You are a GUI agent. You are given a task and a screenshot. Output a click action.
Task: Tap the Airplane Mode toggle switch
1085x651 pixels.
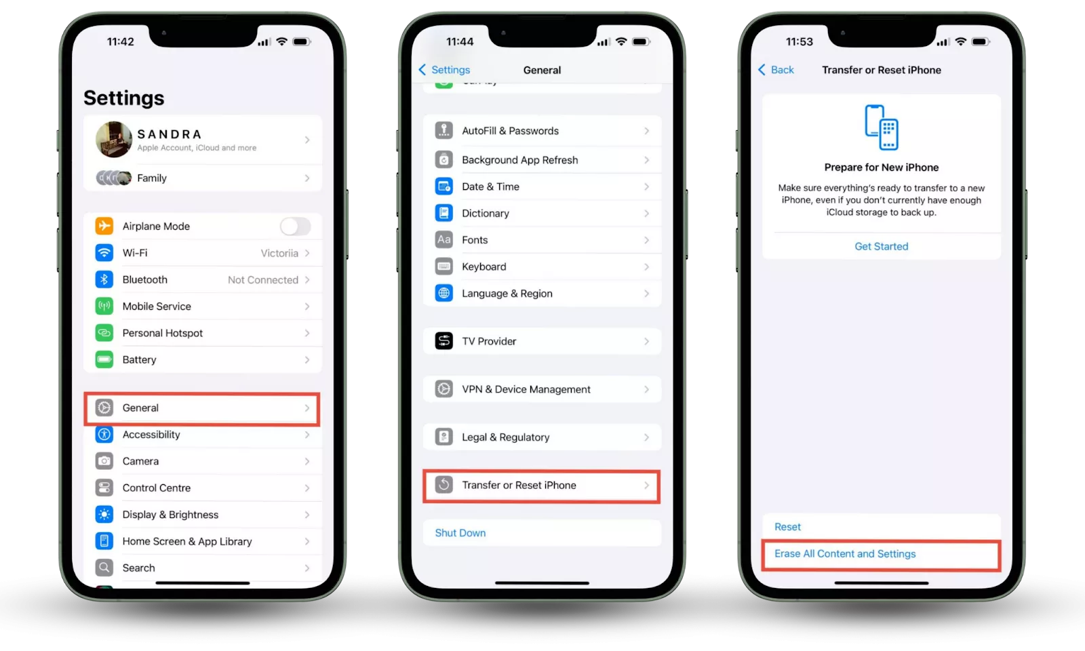click(295, 226)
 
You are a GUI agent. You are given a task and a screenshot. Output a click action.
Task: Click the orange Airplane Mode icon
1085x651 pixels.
click(104, 226)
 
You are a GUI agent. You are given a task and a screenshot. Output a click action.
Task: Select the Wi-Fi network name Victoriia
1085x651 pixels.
click(279, 254)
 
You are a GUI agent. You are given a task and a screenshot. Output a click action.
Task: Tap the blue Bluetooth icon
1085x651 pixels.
click(104, 279)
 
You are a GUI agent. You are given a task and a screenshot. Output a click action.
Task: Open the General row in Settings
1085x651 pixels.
click(202, 408)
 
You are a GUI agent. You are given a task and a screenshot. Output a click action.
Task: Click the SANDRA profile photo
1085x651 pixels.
click(114, 140)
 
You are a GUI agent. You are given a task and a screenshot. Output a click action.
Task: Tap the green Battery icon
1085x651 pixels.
click(104, 359)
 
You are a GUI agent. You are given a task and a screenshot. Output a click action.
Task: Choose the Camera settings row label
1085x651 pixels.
click(140, 461)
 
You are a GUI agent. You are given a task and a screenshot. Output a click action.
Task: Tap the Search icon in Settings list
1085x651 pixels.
click(104, 568)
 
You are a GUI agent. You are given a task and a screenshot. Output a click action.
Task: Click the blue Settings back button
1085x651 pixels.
click(444, 70)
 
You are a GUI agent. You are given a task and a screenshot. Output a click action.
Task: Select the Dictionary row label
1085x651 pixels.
click(486, 213)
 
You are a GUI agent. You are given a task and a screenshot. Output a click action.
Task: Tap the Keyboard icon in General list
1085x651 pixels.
click(443, 267)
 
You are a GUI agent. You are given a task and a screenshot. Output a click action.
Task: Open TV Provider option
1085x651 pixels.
click(542, 342)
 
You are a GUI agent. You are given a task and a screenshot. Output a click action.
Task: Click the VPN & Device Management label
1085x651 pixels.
click(526, 389)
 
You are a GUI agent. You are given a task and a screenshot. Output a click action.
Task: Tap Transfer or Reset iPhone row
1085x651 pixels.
click(542, 486)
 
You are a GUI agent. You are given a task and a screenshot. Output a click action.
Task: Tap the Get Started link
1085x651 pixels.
click(881, 247)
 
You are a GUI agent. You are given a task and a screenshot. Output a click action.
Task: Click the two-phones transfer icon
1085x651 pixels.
click(882, 127)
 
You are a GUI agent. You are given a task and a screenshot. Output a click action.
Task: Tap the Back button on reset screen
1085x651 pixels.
click(776, 70)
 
